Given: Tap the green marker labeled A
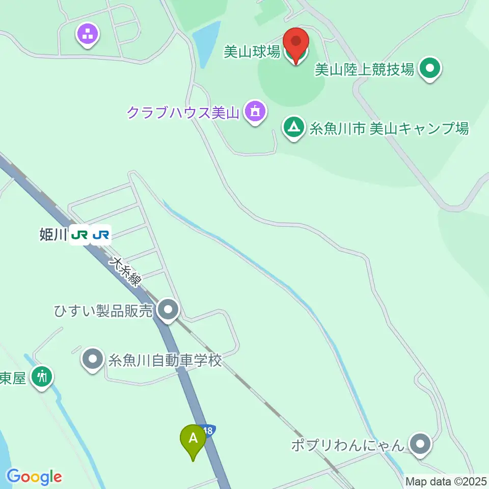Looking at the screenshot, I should click(x=193, y=440).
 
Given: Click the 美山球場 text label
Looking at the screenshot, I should click(x=252, y=52).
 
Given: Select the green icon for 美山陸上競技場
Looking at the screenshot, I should click(x=430, y=69).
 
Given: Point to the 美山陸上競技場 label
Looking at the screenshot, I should click(x=364, y=69).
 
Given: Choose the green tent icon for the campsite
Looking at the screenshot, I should click(x=294, y=128).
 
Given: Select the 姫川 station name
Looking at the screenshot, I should click(x=53, y=235).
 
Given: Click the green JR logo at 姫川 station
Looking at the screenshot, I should click(x=80, y=235).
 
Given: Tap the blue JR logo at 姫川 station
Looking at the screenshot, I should click(x=100, y=235).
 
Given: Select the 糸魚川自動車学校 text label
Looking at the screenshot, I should click(x=165, y=361).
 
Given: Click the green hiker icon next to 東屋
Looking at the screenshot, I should click(x=41, y=377).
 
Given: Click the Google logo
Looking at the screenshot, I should click(x=34, y=477).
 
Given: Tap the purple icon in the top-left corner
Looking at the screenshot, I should click(x=88, y=35).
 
